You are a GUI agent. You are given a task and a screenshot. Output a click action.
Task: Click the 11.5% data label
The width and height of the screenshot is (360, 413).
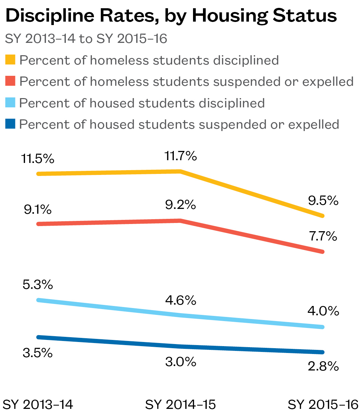click(38, 159)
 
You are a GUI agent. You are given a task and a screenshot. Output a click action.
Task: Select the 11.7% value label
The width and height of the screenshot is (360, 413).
click(180, 156)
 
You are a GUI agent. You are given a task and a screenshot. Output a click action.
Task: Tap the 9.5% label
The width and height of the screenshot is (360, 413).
click(323, 201)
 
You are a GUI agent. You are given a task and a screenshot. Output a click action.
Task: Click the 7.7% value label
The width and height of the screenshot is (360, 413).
click(323, 236)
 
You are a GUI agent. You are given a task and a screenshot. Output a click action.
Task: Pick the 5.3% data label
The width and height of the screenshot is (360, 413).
click(38, 284)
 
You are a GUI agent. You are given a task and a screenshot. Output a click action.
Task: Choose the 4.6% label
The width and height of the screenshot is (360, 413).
click(180, 300)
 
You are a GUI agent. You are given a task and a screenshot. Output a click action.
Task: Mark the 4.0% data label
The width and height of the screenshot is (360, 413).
click(323, 311)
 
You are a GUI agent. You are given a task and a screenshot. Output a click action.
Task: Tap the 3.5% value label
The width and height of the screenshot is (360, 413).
click(38, 353)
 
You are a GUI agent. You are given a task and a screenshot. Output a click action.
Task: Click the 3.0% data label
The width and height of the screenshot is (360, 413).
click(180, 362)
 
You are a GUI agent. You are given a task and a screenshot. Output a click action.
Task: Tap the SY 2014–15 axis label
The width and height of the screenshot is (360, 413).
click(180, 404)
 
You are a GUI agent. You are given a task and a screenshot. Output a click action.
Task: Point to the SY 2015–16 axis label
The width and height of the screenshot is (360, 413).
click(323, 404)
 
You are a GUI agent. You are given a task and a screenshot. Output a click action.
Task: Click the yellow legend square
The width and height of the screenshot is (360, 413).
click(10, 60)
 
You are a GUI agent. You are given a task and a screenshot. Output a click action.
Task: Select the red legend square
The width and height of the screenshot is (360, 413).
click(10, 81)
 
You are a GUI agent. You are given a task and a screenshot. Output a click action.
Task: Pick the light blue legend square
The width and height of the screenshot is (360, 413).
click(10, 103)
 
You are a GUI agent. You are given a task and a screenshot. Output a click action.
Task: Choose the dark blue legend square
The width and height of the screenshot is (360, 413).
click(10, 124)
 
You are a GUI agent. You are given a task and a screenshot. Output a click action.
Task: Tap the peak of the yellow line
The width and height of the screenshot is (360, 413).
click(180, 171)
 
